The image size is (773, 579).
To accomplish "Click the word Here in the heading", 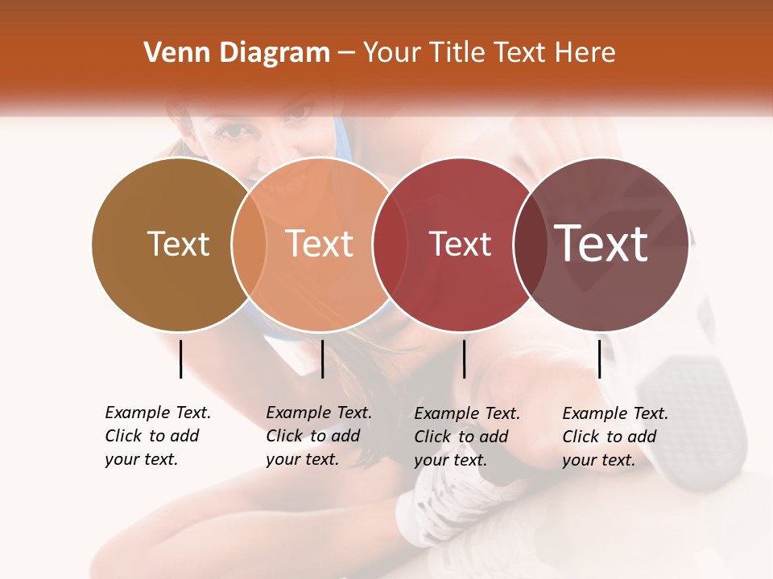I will tap(586, 53).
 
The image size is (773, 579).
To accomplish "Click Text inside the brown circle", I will tap(178, 244).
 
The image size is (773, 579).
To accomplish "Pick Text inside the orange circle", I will tap(320, 244).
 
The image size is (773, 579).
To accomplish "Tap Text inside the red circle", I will tap(460, 244).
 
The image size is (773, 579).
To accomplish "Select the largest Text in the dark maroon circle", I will tap(601, 244).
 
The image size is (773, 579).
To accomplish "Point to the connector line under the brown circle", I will tap(180, 359).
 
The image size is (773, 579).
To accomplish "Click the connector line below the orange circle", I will tap(322, 359).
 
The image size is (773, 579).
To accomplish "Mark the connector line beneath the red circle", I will tap(464, 359).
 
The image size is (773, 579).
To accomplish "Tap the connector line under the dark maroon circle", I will tap(600, 359).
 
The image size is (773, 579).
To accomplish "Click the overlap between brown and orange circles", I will tap(249, 244).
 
